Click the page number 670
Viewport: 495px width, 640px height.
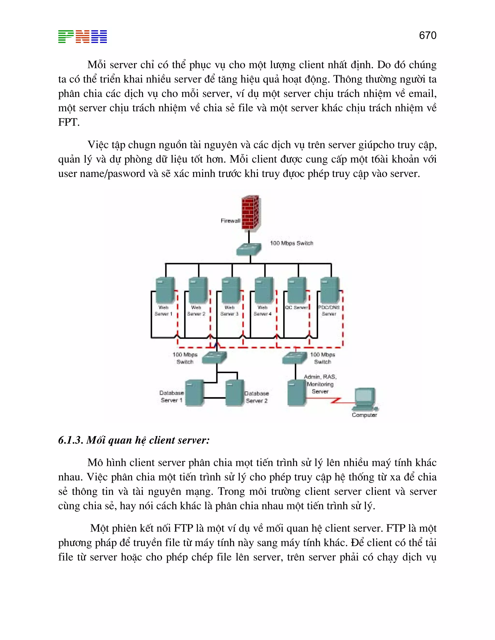point(428,36)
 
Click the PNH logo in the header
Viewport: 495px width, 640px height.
point(82,37)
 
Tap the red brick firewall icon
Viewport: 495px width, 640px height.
point(250,213)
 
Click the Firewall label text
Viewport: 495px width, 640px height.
point(230,221)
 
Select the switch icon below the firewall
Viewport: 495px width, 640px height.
point(249,249)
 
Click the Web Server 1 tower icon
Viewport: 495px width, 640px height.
point(165,290)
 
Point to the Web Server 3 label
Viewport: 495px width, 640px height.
point(229,311)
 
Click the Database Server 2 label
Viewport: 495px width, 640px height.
point(257,397)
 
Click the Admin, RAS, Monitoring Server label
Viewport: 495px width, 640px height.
point(320,384)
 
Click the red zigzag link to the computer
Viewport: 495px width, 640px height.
point(336,400)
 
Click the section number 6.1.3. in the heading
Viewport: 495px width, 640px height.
point(70,440)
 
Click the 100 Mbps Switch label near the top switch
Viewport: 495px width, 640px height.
point(291,243)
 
